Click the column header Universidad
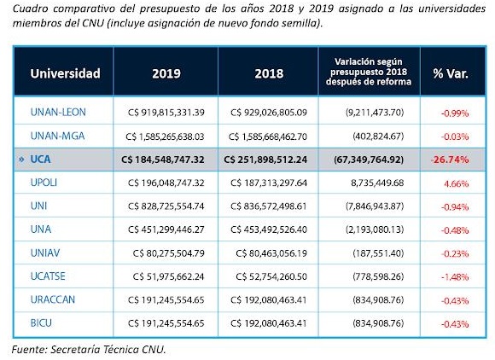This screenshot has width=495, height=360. tap(65, 73)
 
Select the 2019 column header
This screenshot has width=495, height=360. tap(166, 73)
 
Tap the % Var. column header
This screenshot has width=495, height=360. tap(451, 73)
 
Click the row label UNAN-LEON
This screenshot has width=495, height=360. tap(58, 112)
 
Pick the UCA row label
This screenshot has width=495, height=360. tap(40, 159)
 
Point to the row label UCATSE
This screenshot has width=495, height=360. tap(48, 276)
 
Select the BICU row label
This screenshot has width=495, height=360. tap(41, 323)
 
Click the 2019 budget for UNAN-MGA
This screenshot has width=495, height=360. tap(165, 136)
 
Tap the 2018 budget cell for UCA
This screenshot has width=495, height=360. tap(265, 160)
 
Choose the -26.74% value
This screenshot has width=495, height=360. tap(450, 160)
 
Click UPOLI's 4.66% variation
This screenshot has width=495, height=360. tap(457, 183)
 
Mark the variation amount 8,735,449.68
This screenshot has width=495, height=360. tap(377, 183)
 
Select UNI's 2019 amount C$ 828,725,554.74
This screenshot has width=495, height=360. tap(166, 206)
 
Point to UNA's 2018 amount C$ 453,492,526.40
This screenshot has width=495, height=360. tap(269, 229)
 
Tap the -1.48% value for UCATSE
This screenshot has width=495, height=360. tap(455, 277)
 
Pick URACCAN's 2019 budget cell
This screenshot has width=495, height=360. tap(166, 299)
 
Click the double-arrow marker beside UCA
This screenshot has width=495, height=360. tap(21, 160)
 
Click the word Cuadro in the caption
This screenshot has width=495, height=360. tap(30, 9)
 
